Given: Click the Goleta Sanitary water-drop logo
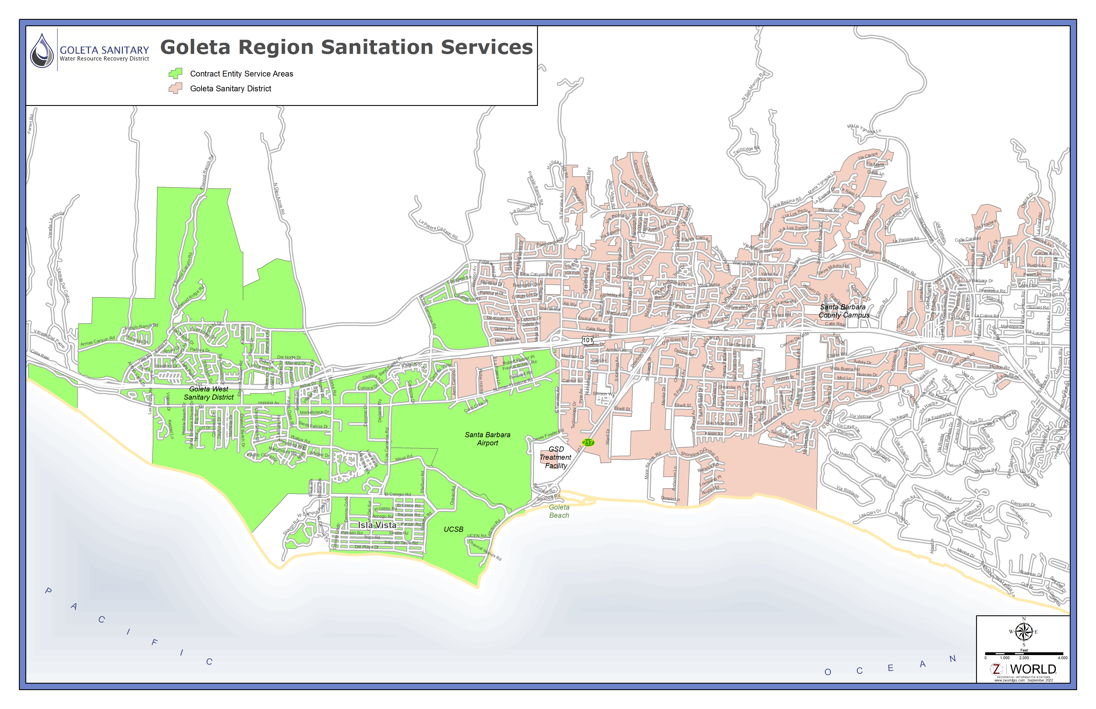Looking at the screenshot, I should tap(42, 51).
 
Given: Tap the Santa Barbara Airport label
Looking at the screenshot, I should tap(487, 439).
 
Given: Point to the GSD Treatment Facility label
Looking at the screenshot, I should tap(556, 457).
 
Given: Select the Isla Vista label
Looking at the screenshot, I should tap(377, 525).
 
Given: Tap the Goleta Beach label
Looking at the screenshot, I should tap(559, 511).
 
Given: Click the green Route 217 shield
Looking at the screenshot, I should tap(588, 442).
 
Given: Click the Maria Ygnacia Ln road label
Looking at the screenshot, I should tap(864, 128).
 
